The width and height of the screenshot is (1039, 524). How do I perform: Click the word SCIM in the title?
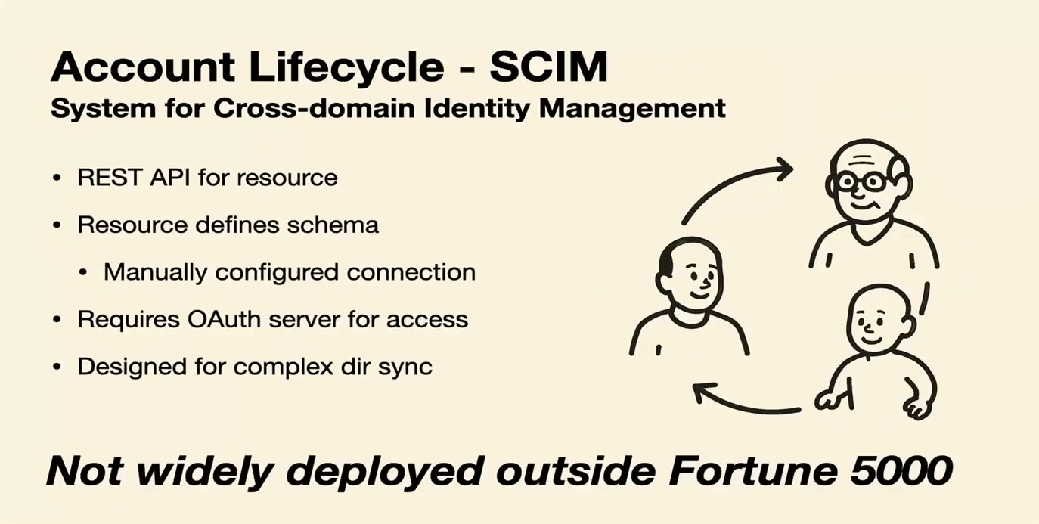point(548,67)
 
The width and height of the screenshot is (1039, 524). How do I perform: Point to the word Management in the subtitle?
point(632,110)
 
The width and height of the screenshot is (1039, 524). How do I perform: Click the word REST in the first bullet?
point(110,178)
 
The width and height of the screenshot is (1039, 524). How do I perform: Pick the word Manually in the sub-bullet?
point(155,272)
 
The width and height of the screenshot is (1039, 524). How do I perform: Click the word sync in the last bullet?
point(405,367)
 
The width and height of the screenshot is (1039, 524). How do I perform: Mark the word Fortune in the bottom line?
point(754,470)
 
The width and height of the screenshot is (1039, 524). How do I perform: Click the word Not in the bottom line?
point(85,470)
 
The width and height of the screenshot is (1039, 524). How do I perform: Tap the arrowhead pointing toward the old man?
point(784,169)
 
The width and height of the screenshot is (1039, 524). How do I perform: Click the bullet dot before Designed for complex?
point(57,367)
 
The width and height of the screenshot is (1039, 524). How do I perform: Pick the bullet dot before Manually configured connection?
point(83,272)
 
